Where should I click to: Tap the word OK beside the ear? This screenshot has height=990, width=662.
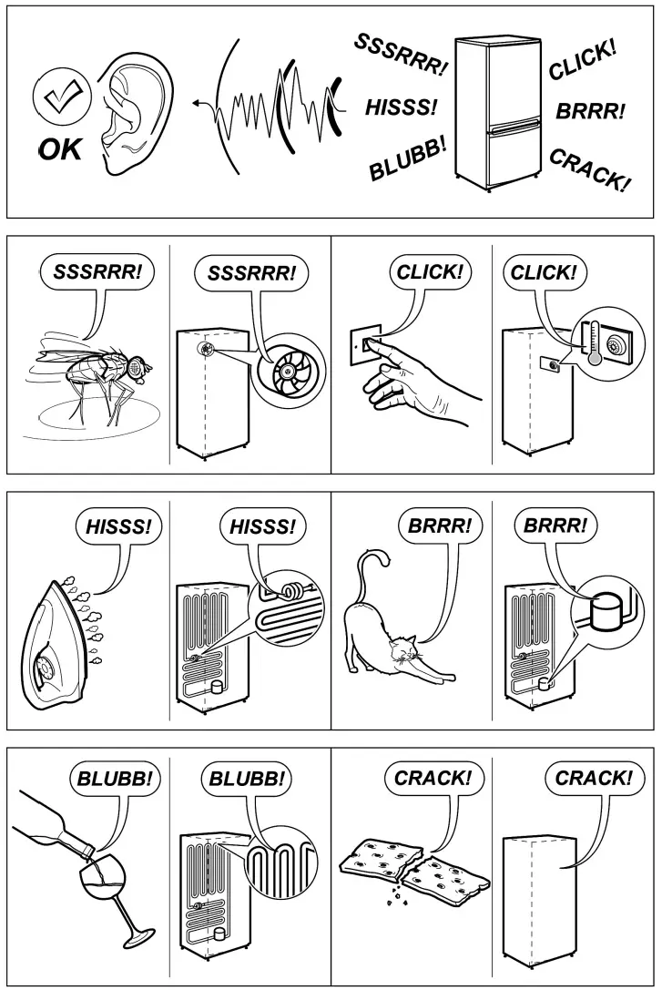click(x=59, y=148)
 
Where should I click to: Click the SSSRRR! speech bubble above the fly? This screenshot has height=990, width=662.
click(x=97, y=272)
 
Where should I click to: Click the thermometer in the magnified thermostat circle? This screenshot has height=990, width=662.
click(x=595, y=342)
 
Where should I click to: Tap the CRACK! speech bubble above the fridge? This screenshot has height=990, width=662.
click(x=593, y=779)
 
